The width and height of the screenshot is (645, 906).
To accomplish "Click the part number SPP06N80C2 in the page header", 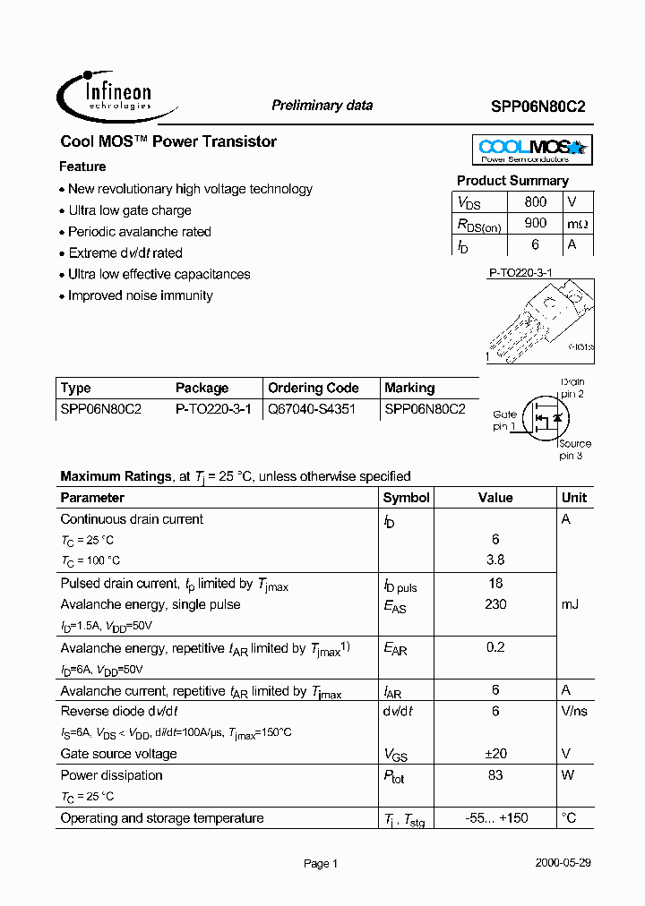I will click(538, 106).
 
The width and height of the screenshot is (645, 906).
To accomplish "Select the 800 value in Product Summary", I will click(535, 202).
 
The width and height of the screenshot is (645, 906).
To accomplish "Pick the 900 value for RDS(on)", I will click(535, 224).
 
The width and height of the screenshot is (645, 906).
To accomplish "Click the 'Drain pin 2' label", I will click(572, 388).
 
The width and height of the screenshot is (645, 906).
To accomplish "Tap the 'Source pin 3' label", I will click(574, 449).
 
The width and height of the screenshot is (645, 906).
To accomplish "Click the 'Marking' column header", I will click(409, 388).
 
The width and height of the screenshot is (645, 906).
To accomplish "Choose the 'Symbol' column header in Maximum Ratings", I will click(406, 498).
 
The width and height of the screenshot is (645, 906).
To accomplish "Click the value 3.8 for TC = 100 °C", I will click(495, 560).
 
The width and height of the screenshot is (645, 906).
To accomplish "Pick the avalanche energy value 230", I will click(495, 604).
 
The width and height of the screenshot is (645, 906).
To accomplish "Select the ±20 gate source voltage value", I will click(495, 754).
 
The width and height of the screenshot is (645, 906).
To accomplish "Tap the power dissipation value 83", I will click(495, 775).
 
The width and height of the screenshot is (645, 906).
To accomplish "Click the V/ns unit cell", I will click(573, 711).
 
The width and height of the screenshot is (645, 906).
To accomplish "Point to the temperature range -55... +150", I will click(495, 818).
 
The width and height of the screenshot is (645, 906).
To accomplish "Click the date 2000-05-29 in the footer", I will click(563, 863).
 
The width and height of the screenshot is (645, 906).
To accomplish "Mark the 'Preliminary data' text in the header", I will click(322, 106).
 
